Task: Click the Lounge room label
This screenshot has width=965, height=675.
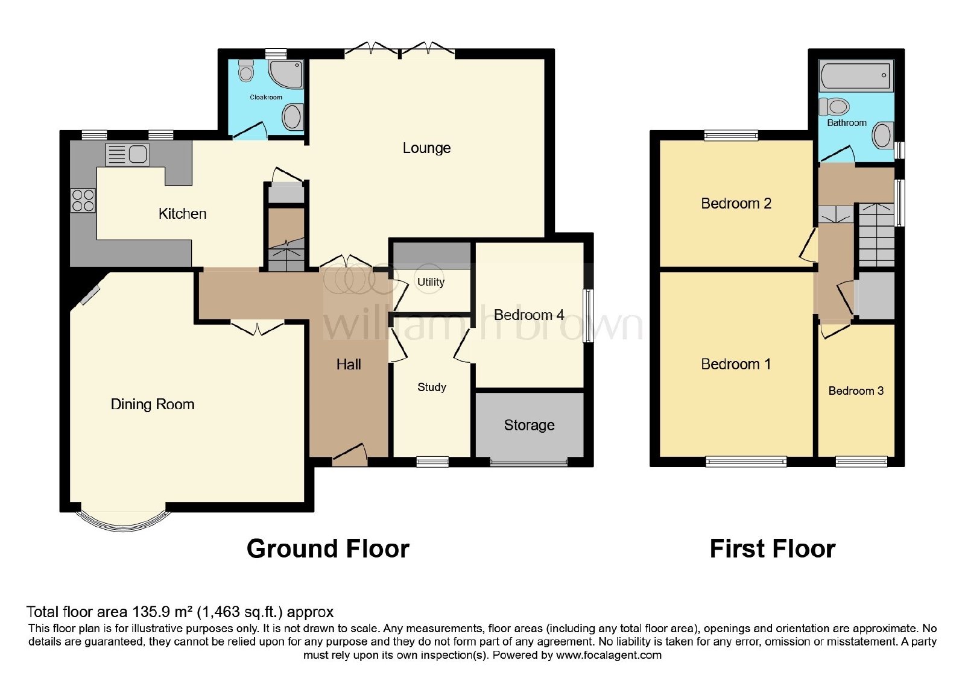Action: coord(426,148)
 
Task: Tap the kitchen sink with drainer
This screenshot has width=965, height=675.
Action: coord(127,155)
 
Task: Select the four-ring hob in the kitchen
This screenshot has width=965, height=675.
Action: coord(83,201)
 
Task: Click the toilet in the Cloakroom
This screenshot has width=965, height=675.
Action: coord(247,71)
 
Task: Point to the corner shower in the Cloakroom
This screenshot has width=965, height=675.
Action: coord(286,74)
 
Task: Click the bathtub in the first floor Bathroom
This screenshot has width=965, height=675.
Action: coord(856,75)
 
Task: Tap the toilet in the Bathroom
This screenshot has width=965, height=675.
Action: coord(834,106)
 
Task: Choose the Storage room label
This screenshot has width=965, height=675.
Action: coord(529,425)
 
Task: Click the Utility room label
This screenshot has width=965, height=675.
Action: coord(431,282)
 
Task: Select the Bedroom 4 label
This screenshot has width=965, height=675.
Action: coord(529,315)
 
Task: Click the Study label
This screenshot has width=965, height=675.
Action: coord(432,387)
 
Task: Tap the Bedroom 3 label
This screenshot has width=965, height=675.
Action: coord(856,391)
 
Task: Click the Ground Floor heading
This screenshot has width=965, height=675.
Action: coord(328,549)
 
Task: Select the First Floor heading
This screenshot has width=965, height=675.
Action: coord(773,549)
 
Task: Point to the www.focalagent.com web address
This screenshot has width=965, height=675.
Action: coord(609,655)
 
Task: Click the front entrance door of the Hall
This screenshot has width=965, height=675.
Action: coord(349,454)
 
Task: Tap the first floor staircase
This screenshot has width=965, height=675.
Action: coord(877,234)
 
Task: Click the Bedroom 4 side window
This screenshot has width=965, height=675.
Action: coord(588,316)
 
